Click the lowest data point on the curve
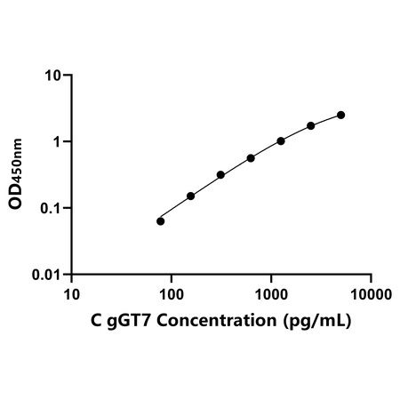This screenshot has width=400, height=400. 160,221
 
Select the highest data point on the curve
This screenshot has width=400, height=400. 341,115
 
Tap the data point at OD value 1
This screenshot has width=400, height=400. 281,141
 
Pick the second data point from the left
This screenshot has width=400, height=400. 191,196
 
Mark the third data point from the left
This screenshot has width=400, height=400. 220,175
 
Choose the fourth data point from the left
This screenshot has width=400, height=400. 251,158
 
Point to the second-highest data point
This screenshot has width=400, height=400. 311,125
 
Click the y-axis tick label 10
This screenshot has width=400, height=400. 52,76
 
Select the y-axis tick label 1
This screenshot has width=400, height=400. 57,142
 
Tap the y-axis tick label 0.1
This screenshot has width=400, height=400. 51,209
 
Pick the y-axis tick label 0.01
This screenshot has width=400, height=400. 46,275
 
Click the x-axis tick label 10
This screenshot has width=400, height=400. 72,295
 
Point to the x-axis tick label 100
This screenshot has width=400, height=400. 172,295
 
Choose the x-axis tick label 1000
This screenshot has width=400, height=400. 271,295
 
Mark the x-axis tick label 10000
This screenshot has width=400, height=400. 371,295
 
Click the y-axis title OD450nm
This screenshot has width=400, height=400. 15,174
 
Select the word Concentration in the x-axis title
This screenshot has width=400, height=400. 217,320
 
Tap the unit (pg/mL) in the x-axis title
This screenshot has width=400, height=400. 317,322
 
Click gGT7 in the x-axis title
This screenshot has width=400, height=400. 129,322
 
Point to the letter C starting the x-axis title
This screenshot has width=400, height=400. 96,320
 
